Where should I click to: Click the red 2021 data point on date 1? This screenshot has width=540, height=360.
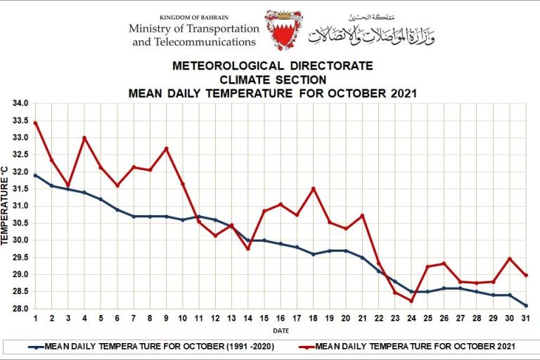click(35, 123)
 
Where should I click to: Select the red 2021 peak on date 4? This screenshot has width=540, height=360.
click(84, 138)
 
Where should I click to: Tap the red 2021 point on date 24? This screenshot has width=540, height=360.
click(411, 301)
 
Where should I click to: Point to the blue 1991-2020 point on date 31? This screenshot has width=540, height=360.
click(526, 305)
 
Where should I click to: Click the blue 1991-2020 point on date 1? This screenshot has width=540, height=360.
click(35, 175)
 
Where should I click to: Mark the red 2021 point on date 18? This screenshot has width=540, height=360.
click(314, 188)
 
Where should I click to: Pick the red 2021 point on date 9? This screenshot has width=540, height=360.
click(167, 148)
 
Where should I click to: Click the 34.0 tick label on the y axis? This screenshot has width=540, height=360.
click(20, 103)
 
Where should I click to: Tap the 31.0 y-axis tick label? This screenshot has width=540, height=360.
click(20, 207)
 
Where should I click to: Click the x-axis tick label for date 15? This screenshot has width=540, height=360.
click(264, 319)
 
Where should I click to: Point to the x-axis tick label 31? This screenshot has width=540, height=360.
click(526, 319)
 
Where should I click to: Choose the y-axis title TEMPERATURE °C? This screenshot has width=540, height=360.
click(6, 205)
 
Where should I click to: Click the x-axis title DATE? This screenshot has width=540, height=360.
click(280, 329)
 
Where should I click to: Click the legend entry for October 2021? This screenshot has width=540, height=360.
click(415, 347)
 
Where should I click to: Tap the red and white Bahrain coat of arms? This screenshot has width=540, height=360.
click(283, 30)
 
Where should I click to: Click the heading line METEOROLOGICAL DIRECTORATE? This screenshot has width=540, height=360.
click(273, 66)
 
